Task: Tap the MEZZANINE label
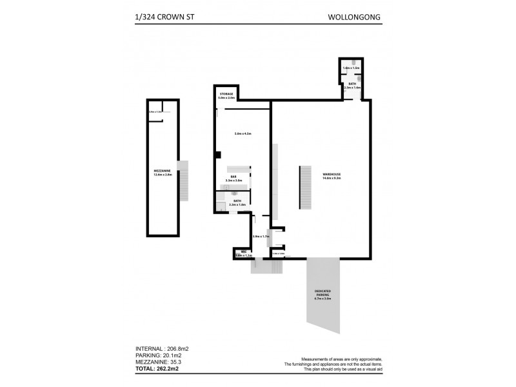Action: [x=161, y=172]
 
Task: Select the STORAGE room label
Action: [x=226, y=94]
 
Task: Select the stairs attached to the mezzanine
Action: [x=183, y=181]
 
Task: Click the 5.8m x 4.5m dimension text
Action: [x=243, y=134]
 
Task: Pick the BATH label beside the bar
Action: [x=237, y=201]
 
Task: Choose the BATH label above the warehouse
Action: [x=352, y=83]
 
